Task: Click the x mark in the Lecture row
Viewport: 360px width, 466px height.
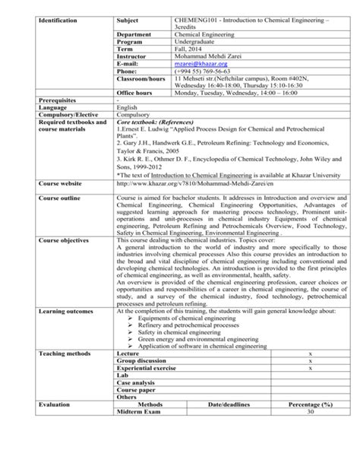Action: pyautogui.click(x=309, y=354)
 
